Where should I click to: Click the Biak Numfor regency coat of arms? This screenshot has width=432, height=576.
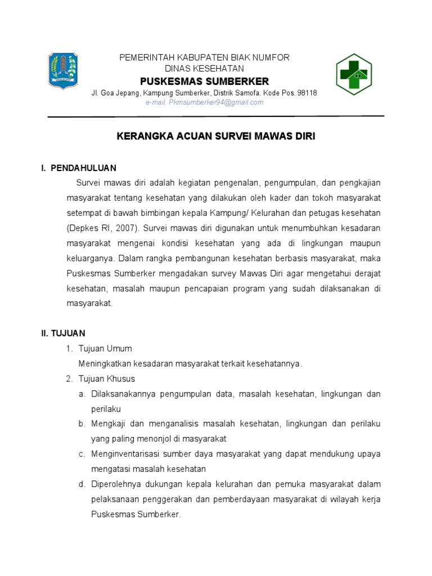(x=63, y=70)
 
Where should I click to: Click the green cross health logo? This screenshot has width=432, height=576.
(x=354, y=74)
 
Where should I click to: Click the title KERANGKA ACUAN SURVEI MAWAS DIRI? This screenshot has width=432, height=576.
(x=215, y=137)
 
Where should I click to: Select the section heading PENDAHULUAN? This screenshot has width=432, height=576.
(x=83, y=168)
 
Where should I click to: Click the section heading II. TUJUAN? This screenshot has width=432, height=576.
(x=63, y=334)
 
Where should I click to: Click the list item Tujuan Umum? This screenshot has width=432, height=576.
(x=105, y=349)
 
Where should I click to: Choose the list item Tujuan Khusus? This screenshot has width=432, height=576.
(x=107, y=379)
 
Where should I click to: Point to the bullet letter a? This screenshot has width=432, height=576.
(x=82, y=394)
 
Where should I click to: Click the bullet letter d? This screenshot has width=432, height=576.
(x=82, y=484)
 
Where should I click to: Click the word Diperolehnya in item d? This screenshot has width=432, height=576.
(x=115, y=484)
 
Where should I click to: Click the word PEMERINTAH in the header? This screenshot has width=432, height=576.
(x=137, y=58)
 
